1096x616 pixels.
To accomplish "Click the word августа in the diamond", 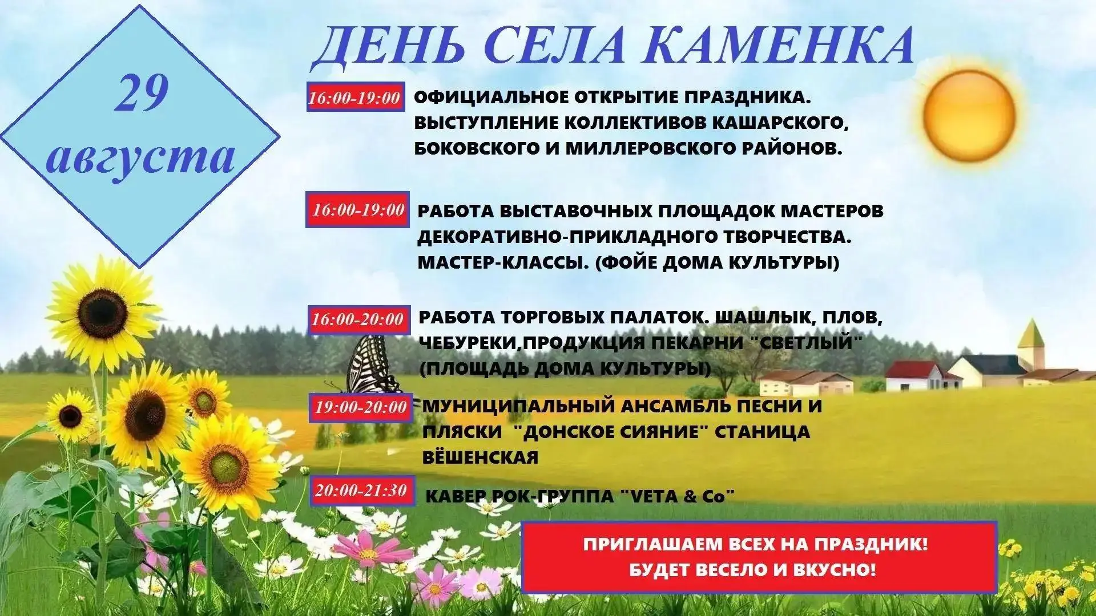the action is pos(140,156).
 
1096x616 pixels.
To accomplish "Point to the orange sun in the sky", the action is pos(970,114).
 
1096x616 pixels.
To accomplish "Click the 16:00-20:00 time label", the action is pos(358,319).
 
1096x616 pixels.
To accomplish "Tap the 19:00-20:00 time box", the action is pos(361,407).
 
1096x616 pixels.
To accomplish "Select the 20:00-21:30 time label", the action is pos(361,491).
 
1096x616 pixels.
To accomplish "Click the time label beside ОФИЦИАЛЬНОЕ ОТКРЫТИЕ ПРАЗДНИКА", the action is pos(354,97).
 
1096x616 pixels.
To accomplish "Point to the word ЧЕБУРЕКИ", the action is pos(470,343).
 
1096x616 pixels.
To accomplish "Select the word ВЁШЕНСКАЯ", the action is pos(480,458).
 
